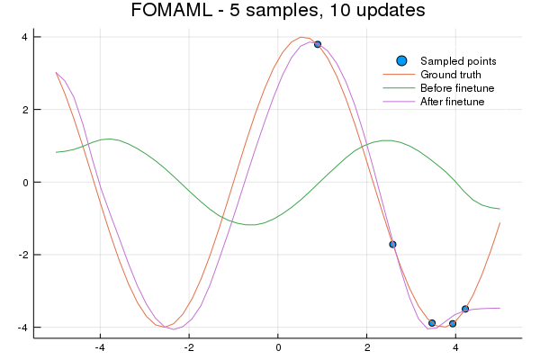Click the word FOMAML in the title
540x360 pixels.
point(166,12)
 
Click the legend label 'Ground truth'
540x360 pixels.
point(451,74)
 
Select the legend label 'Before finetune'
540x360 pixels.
point(457,88)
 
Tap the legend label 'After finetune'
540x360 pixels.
point(453,102)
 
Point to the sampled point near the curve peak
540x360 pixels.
point(318,44)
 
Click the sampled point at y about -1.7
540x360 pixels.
point(392,244)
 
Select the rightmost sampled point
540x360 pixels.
point(465,309)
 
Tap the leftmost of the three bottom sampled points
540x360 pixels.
point(432,323)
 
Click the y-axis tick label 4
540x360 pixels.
point(24,37)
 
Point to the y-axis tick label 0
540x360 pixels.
point(24,182)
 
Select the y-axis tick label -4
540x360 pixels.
point(22,327)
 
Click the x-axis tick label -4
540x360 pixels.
point(100,347)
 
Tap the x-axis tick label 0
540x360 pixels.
point(278,347)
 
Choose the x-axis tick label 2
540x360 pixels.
point(366,347)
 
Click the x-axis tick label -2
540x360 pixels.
point(189,347)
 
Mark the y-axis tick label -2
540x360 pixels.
point(22,255)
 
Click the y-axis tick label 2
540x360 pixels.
point(24,110)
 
